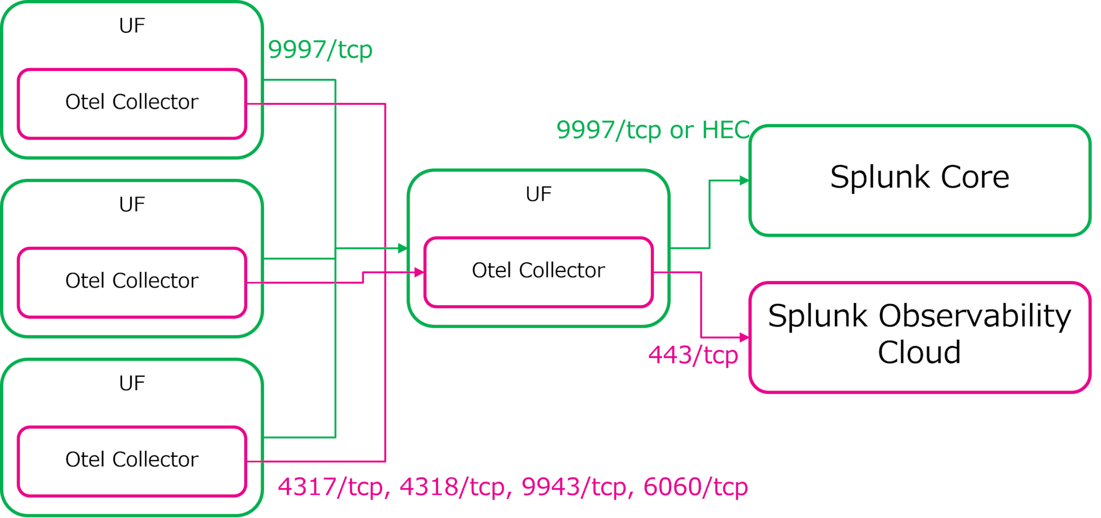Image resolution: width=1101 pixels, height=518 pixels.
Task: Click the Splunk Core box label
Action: tap(919, 177)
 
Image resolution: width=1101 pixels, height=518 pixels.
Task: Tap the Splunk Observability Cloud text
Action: tap(919, 333)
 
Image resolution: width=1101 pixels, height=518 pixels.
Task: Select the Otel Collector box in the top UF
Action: tap(132, 102)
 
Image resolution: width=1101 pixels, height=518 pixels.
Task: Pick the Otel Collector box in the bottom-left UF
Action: tap(132, 460)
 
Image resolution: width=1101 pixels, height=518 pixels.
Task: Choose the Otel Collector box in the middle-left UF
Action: tap(132, 281)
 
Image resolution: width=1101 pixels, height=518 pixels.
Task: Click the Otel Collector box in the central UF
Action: tap(538, 271)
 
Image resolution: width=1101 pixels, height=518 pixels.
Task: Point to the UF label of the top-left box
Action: tap(132, 26)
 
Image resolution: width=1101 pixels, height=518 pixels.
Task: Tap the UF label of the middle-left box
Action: tap(132, 205)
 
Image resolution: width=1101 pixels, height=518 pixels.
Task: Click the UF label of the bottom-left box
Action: tap(132, 384)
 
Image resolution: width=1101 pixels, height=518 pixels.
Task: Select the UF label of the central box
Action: tap(538, 195)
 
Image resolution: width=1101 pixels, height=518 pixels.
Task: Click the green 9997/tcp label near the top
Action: tap(320, 51)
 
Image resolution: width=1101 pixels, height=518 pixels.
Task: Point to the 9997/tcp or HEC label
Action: tap(653, 131)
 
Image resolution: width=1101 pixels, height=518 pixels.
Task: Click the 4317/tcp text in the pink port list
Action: tap(333, 487)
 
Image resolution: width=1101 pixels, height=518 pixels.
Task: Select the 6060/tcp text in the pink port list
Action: tap(695, 487)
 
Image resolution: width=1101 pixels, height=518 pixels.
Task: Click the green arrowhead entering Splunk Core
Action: tap(744, 181)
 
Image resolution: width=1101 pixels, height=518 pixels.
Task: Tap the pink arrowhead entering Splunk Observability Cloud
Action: tap(744, 337)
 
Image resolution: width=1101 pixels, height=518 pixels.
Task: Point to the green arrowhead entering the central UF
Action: tap(402, 248)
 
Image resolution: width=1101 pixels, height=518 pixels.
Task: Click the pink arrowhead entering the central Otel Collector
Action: tap(419, 272)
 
